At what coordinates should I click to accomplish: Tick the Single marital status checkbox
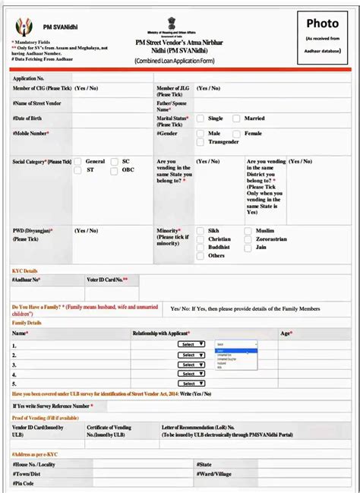click(200, 119)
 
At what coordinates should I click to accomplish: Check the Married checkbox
click(236, 119)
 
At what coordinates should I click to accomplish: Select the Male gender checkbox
click(200, 134)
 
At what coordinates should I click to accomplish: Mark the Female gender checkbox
click(236, 134)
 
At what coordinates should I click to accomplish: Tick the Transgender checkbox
click(200, 142)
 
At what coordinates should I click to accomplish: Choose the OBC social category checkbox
click(114, 171)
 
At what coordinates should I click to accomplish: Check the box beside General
click(77, 162)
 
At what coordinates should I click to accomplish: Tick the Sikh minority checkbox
click(200, 230)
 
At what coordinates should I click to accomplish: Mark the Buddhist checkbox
click(200, 248)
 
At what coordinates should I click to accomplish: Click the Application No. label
click(29, 78)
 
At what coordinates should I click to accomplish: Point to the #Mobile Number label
click(30, 134)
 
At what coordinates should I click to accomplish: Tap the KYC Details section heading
click(25, 271)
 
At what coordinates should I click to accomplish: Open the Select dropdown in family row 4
click(191, 374)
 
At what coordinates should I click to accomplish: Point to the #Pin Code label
click(24, 483)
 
